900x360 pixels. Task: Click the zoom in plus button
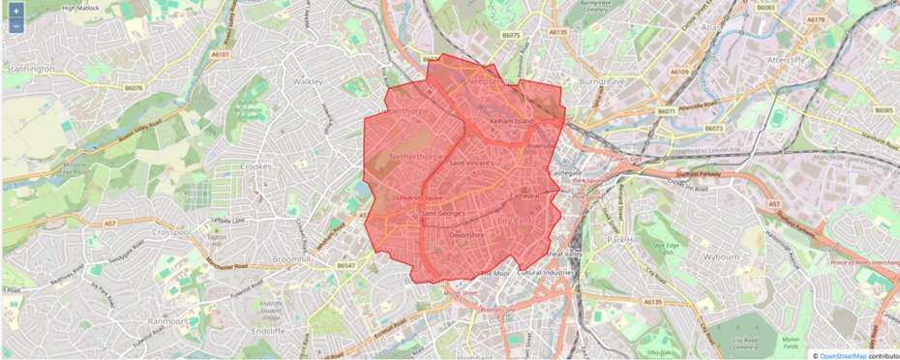(16, 10)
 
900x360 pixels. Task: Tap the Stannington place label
(30, 70)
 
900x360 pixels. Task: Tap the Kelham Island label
(513, 122)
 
